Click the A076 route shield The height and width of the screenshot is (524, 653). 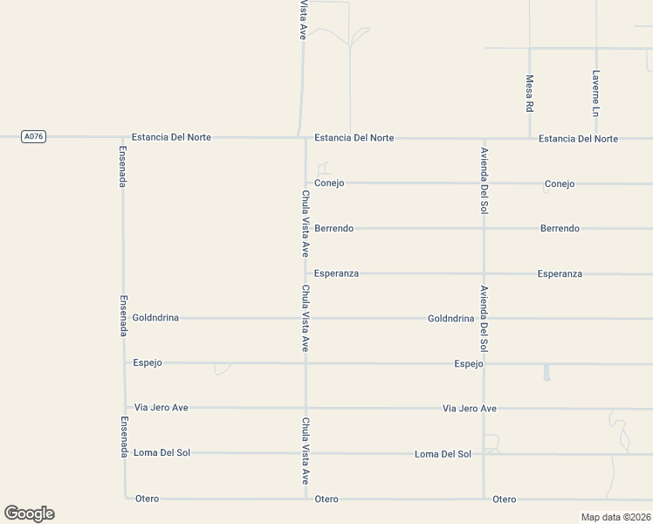coord(33,136)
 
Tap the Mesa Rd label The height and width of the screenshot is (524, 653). coord(529,93)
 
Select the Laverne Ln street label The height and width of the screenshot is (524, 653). coord(595,93)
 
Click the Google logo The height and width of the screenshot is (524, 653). coord(29,514)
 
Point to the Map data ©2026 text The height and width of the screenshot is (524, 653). coord(615,517)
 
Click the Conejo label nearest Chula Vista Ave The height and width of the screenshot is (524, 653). coord(329,183)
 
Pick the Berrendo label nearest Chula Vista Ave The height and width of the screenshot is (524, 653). coord(333,228)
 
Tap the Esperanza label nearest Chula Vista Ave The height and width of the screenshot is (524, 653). coord(336,273)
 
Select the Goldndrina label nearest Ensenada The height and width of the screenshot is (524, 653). coord(155,318)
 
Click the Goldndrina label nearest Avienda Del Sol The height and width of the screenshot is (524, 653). coord(450,319)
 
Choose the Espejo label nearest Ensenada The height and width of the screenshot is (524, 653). coord(148,362)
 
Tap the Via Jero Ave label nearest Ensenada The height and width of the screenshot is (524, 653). coord(161,408)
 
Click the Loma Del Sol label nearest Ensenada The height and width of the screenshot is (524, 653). coord(162,452)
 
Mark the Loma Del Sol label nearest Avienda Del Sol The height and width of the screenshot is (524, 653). coord(443,453)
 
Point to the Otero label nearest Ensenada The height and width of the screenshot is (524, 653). coord(148,499)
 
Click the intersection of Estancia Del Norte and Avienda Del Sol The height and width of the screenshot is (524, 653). coord(484,138)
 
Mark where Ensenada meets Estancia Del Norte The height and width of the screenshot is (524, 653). coord(123,137)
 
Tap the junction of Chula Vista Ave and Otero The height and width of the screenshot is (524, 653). coord(306,499)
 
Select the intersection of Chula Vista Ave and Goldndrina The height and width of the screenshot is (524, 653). coord(306,318)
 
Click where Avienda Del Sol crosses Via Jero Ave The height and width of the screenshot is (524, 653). coord(484,408)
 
